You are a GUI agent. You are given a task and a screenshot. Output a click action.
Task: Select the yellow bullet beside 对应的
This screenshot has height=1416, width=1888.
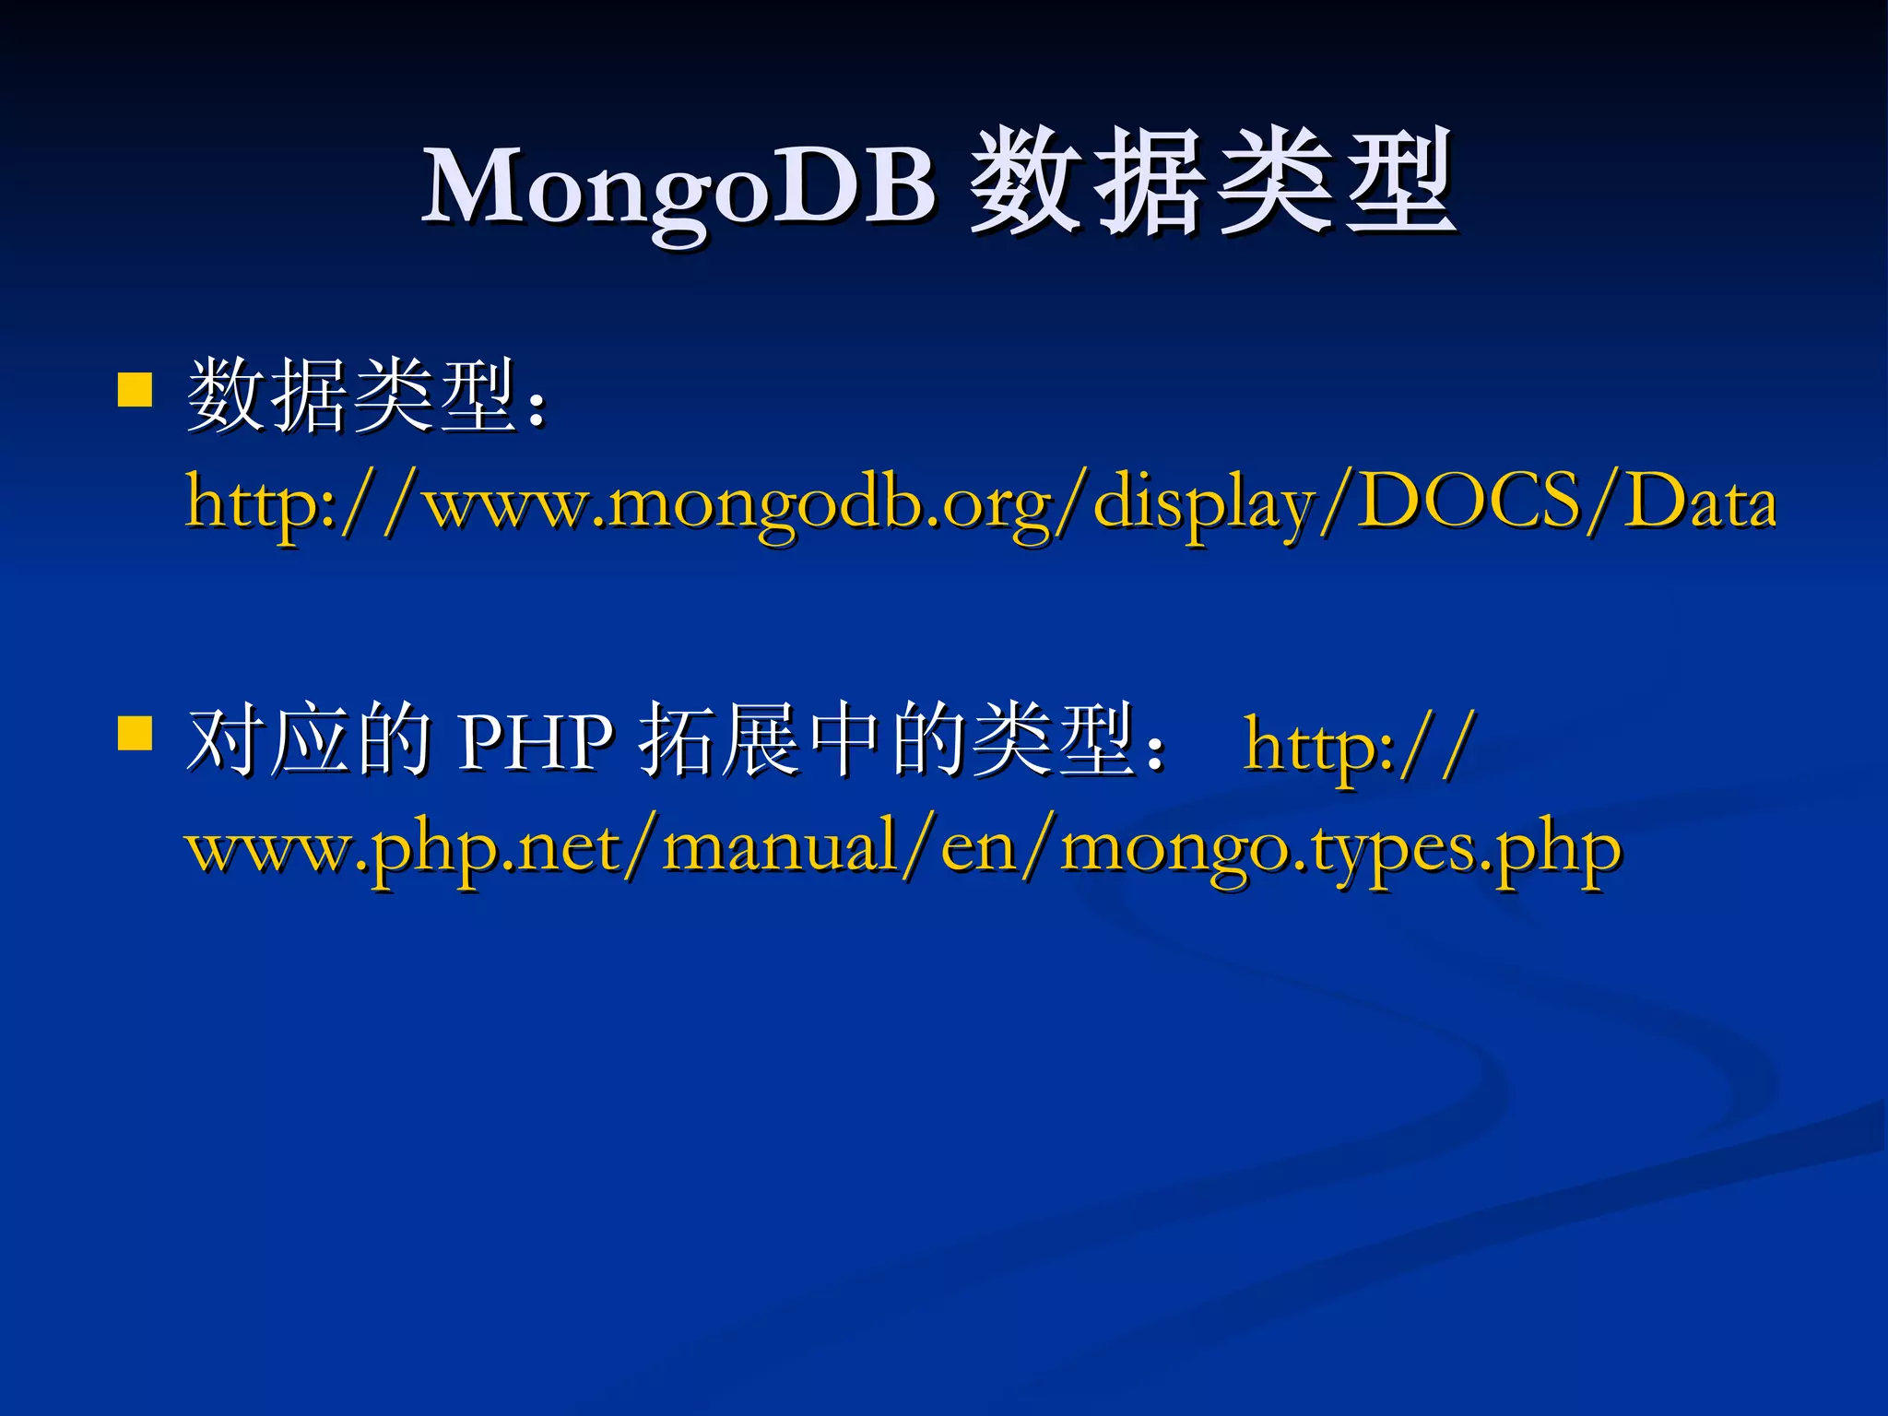click(x=135, y=734)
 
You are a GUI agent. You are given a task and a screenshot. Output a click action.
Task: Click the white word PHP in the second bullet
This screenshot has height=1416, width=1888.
click(x=535, y=742)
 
